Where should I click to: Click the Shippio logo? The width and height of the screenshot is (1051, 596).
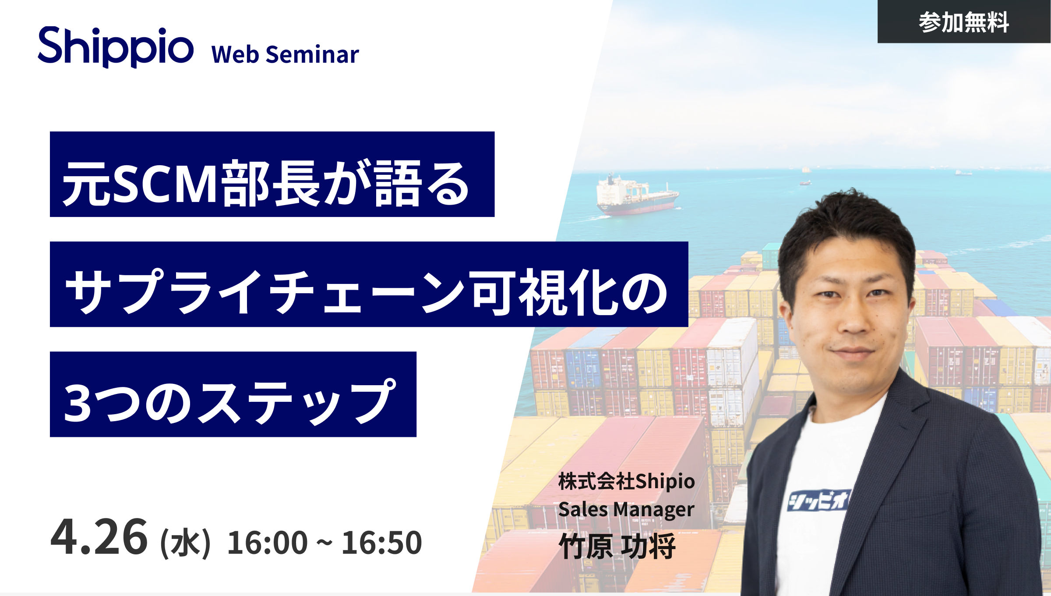click(x=116, y=47)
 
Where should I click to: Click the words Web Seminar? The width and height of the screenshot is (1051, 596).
click(x=285, y=54)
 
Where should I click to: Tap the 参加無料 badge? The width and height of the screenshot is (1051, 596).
click(x=964, y=21)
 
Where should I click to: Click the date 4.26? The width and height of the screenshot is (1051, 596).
click(x=99, y=537)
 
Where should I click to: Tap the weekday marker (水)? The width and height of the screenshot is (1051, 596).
click(x=186, y=543)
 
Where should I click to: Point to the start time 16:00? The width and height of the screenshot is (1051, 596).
click(x=268, y=543)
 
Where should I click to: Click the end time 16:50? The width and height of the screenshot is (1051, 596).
click(x=382, y=543)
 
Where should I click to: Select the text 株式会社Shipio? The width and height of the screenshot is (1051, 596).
click(x=627, y=481)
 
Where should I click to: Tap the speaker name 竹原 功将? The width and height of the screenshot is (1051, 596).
click(x=617, y=546)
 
